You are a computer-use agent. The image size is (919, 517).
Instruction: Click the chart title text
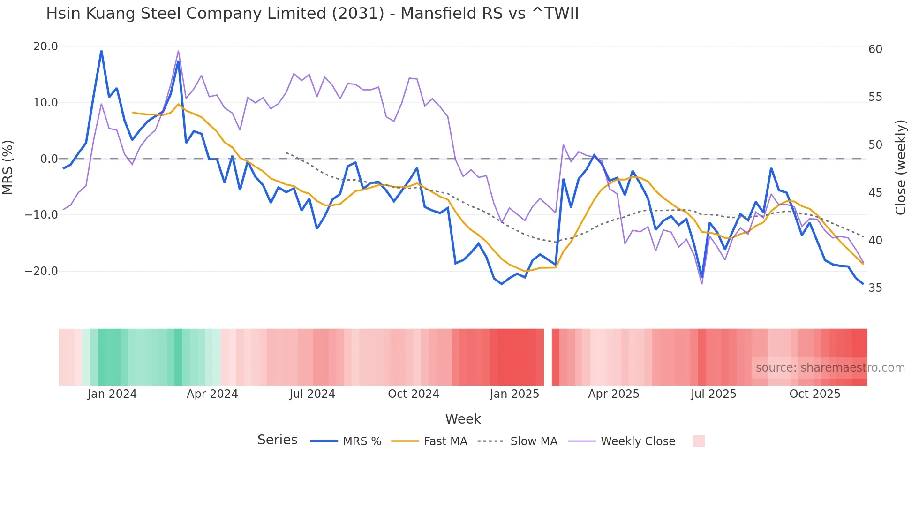pos(312,14)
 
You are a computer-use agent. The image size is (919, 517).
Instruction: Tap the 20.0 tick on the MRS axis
pos(45,46)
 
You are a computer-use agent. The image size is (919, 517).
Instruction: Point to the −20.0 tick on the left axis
pos(42,271)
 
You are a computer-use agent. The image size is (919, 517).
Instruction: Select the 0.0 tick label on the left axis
pos(49,159)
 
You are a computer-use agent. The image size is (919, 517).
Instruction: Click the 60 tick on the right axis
pos(875,49)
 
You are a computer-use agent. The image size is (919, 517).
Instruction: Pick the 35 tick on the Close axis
pos(875,288)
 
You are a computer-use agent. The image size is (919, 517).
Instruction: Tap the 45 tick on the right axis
pos(875,193)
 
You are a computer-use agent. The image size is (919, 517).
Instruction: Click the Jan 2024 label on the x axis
pos(112,394)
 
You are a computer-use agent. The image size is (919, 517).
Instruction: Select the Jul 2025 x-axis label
pos(713,394)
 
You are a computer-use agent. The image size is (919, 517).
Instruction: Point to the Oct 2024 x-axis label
pos(413,394)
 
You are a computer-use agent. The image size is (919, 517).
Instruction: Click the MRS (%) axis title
pos(8,167)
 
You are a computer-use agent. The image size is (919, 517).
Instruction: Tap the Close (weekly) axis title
pos(900,167)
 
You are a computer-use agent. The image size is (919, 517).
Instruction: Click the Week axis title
pos(463,419)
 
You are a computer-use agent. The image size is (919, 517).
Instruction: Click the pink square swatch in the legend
pos(699,441)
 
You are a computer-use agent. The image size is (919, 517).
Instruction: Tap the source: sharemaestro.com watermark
pos(830,368)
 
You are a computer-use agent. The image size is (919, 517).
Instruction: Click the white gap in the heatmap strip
pos(548,357)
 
